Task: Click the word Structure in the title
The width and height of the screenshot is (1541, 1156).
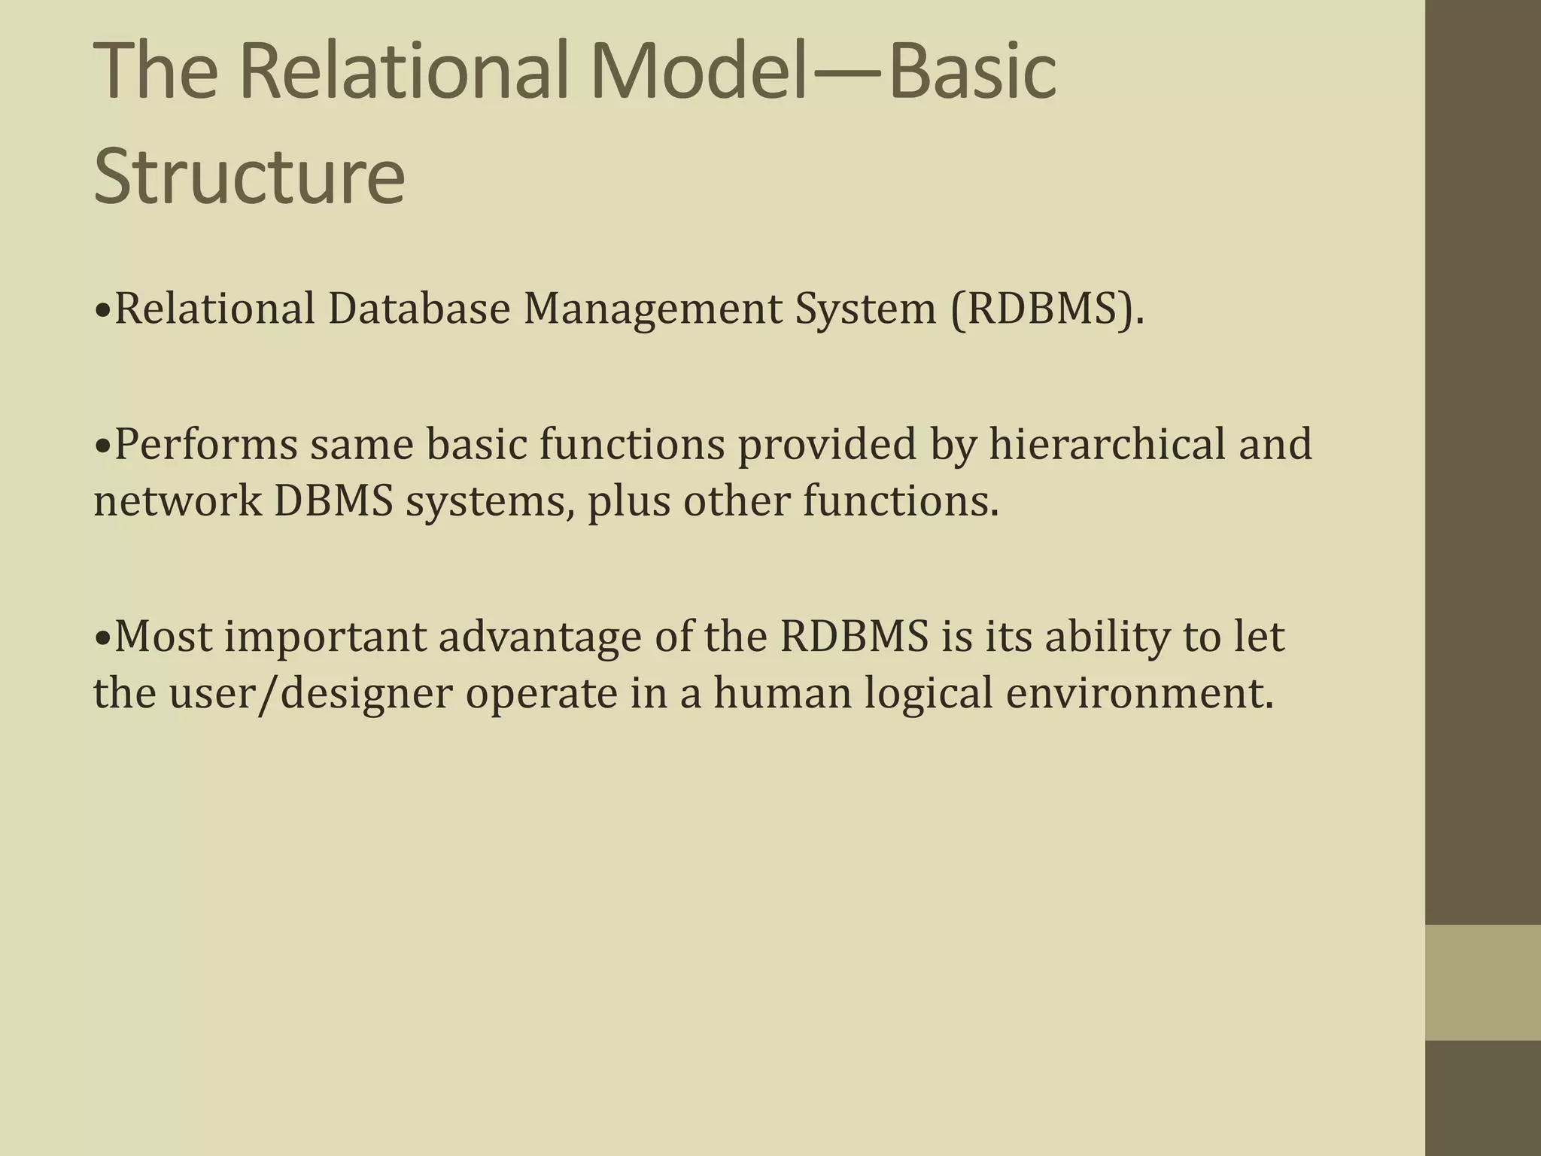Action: click(x=249, y=177)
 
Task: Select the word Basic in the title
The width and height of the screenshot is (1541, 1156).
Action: click(x=972, y=71)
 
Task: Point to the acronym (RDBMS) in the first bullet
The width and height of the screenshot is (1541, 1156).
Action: click(x=1047, y=309)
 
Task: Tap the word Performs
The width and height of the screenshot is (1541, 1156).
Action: click(x=205, y=444)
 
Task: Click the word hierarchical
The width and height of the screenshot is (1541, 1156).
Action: click(x=1106, y=444)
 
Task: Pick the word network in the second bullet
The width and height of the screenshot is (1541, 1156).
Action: click(x=177, y=501)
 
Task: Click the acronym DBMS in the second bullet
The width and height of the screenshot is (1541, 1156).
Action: click(x=333, y=501)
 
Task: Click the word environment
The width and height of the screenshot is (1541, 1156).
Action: click(x=1139, y=694)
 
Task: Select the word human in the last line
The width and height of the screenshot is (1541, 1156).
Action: click(x=782, y=694)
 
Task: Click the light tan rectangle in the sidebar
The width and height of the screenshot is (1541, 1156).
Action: click(x=1482, y=982)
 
